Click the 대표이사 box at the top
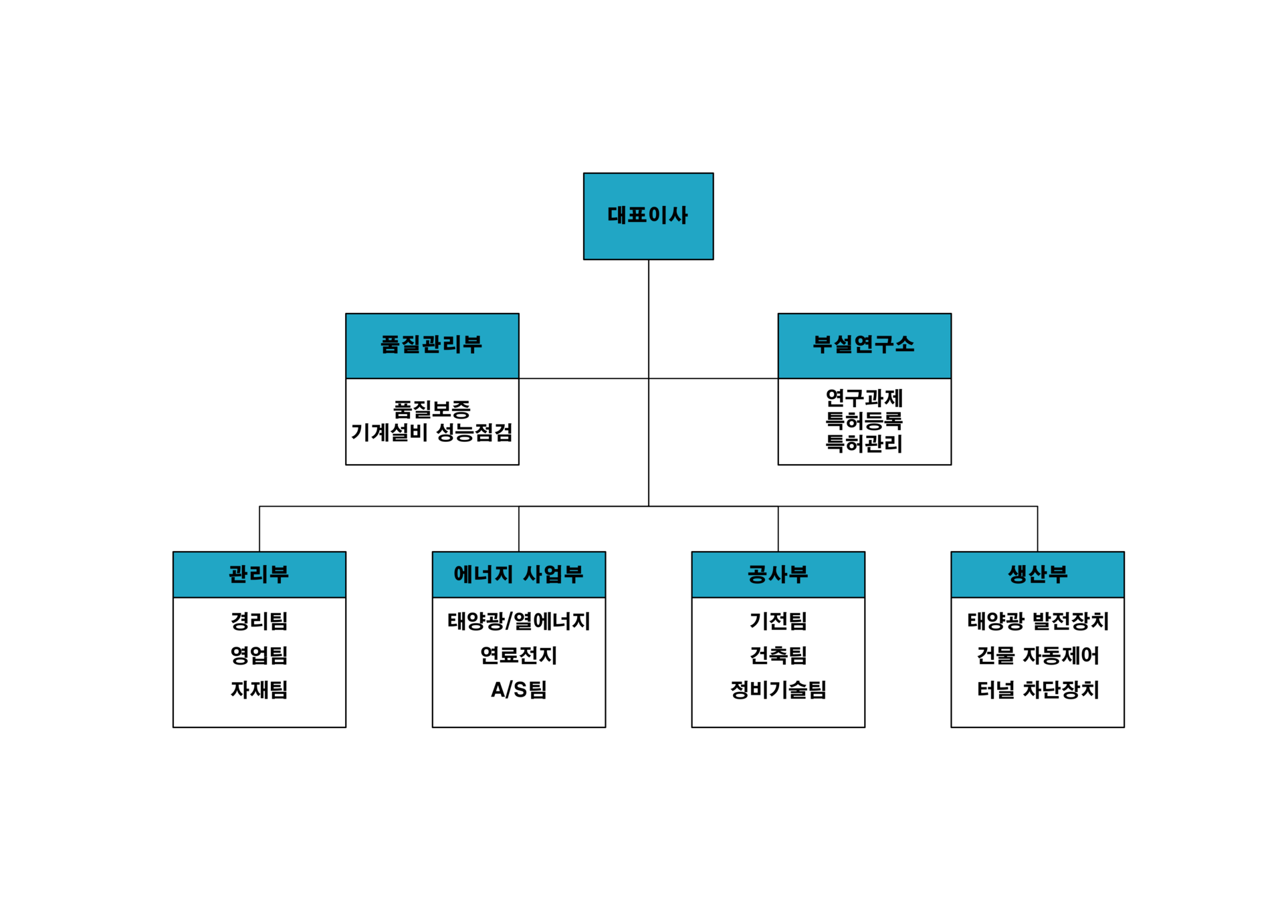pyautogui.click(x=648, y=216)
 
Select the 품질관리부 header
pyautogui.click(x=432, y=345)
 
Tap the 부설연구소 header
pyautogui.click(x=864, y=345)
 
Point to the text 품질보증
pyautogui.click(x=432, y=409)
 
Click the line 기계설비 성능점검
pyautogui.click(x=432, y=433)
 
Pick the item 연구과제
pyautogui.click(x=864, y=399)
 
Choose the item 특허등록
pyautogui.click(x=864, y=421)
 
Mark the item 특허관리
pyautogui.click(x=864, y=444)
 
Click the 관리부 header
pyautogui.click(x=259, y=574)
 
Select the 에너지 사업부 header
pyautogui.click(x=518, y=574)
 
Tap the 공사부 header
pyautogui.click(x=778, y=574)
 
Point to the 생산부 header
pyautogui.click(x=1037, y=574)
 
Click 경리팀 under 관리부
pyautogui.click(x=259, y=621)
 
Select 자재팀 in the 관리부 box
pyautogui.click(x=259, y=689)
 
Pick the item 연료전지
pyautogui.click(x=518, y=655)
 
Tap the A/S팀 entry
pyautogui.click(x=518, y=689)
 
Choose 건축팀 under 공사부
pyautogui.click(x=778, y=655)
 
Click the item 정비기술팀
pyautogui.click(x=778, y=689)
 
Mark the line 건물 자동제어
pyautogui.click(x=1037, y=655)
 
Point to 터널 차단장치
pyautogui.click(x=1037, y=689)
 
